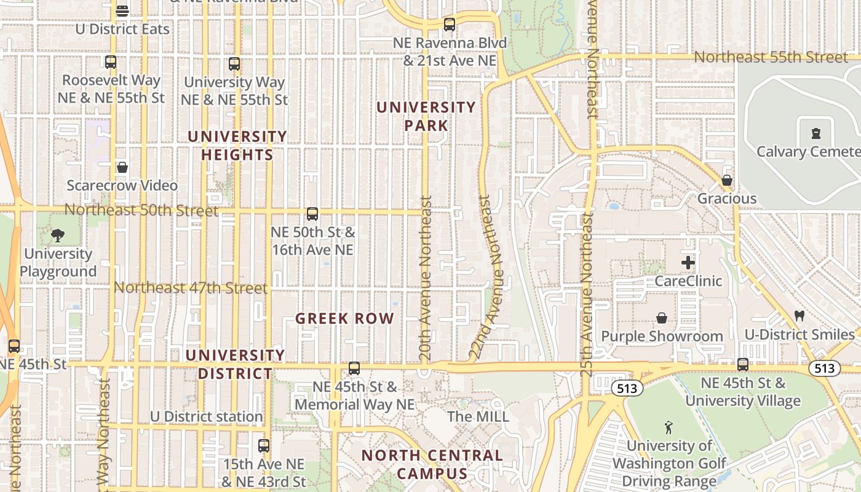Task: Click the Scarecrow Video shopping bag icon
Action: tap(122, 167)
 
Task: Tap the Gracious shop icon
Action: tap(727, 180)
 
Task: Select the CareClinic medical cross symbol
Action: tap(688, 263)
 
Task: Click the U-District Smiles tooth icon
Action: tap(799, 316)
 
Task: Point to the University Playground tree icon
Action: tap(57, 235)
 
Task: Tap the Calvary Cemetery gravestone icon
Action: tap(816, 133)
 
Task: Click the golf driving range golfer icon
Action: tap(669, 427)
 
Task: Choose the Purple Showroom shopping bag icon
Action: tap(662, 318)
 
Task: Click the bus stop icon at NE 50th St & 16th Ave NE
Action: tap(312, 214)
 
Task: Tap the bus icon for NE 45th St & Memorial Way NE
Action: tap(354, 368)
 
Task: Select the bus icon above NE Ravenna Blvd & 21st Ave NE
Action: tap(450, 25)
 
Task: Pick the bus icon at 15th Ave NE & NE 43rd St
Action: tap(264, 446)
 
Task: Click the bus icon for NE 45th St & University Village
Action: tap(743, 365)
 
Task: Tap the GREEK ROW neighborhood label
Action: tap(344, 319)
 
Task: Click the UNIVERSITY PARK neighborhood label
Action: tap(426, 116)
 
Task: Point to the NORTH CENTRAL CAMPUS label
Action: tap(432, 464)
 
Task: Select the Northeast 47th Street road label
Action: tap(191, 288)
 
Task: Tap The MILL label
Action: tap(478, 416)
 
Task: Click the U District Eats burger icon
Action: tap(122, 11)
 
